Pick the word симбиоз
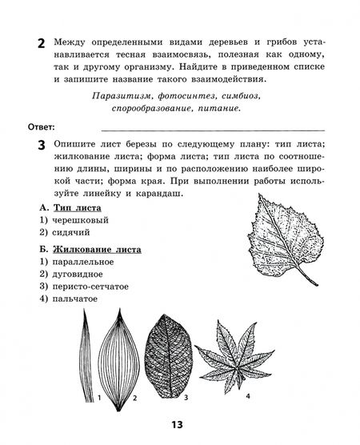(254, 97)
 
